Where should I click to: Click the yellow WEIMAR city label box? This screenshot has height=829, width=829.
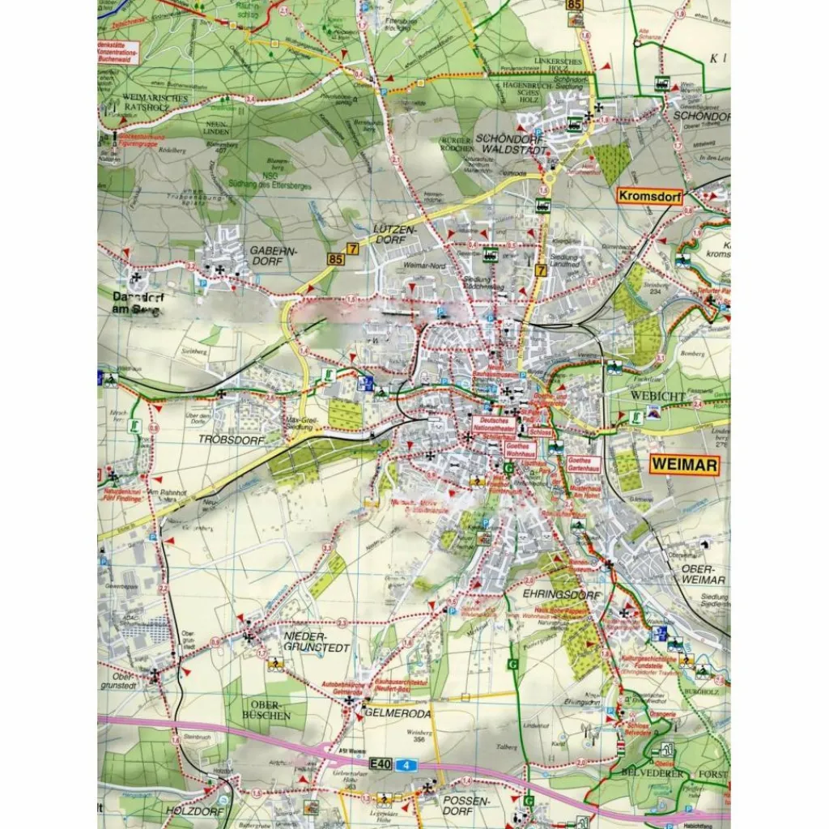point(684,465)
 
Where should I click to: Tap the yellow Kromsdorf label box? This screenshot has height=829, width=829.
point(649,197)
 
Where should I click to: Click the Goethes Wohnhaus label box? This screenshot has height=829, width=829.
point(521,450)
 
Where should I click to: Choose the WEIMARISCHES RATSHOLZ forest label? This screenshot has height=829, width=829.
point(155,104)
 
